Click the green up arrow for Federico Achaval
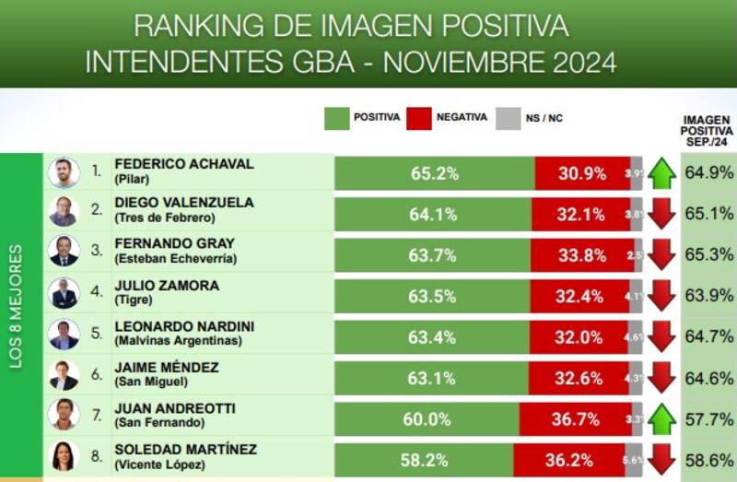(x=661, y=173)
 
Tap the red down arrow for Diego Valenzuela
(x=661, y=214)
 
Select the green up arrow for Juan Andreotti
(x=661, y=418)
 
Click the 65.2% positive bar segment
(x=434, y=173)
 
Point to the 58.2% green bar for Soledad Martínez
(x=423, y=459)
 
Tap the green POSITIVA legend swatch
(x=337, y=118)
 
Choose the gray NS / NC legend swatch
(x=508, y=118)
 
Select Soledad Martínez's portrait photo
(x=64, y=458)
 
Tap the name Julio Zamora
(x=167, y=286)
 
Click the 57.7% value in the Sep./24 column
(x=708, y=418)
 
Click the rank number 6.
(x=96, y=377)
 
